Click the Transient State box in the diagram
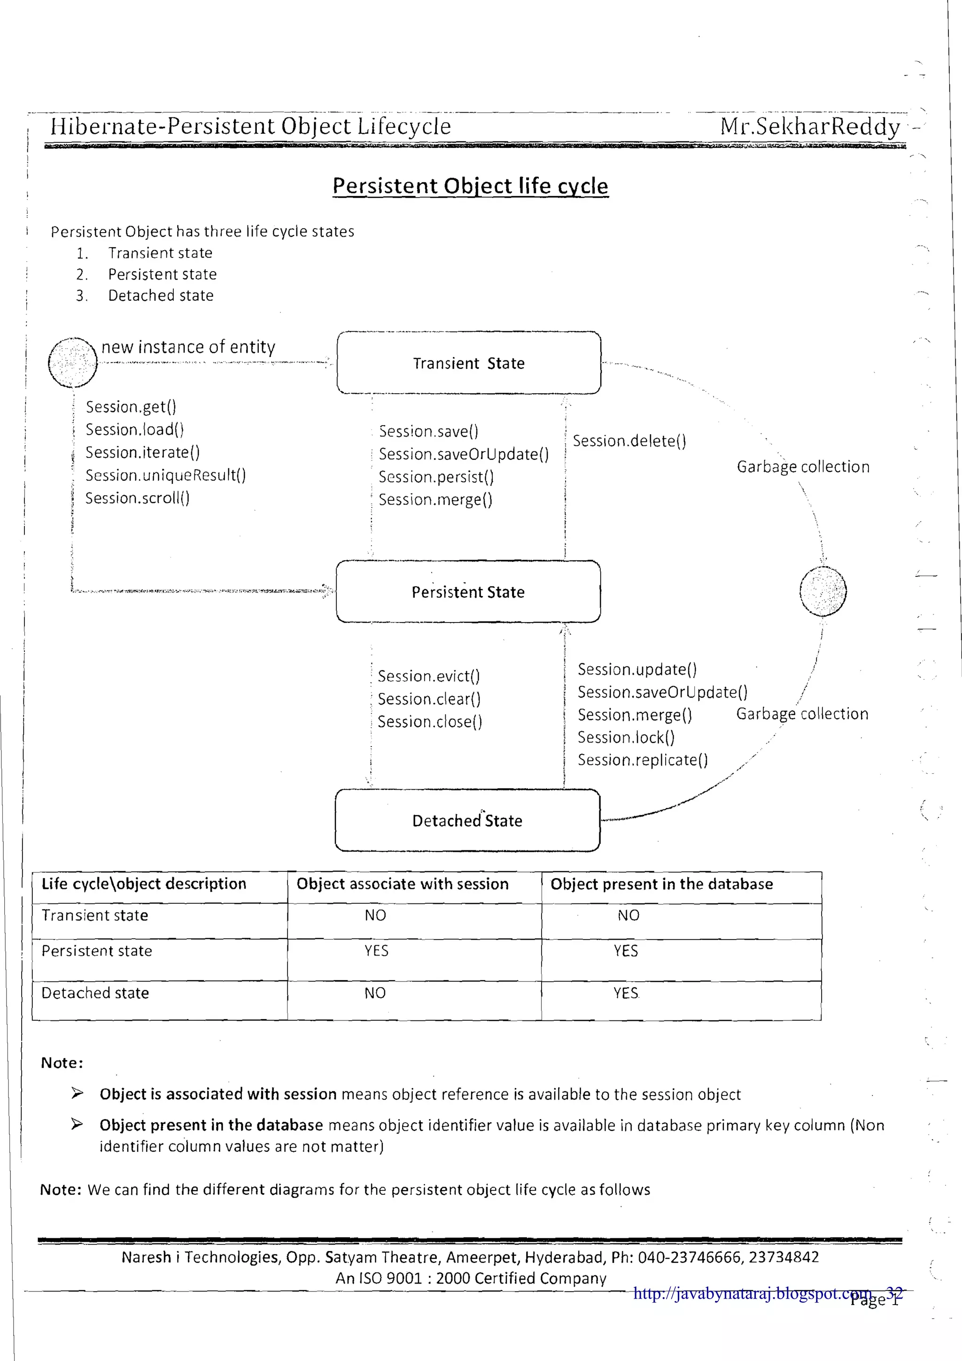[468, 363]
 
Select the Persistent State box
[468, 591]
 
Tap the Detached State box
[467, 820]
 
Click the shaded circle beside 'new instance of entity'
[72, 362]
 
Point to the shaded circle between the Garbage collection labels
[822, 591]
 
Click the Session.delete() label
[629, 441]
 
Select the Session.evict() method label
[428, 677]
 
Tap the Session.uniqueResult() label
[165, 475]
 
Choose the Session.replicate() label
[643, 760]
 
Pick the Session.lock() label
[626, 738]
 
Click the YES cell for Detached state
[626, 993]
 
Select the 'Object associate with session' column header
[403, 884]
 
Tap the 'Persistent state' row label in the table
[97, 951]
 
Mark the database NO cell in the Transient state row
[628, 915]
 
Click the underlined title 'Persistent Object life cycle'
[470, 186]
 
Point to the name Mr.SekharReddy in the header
[810, 126]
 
